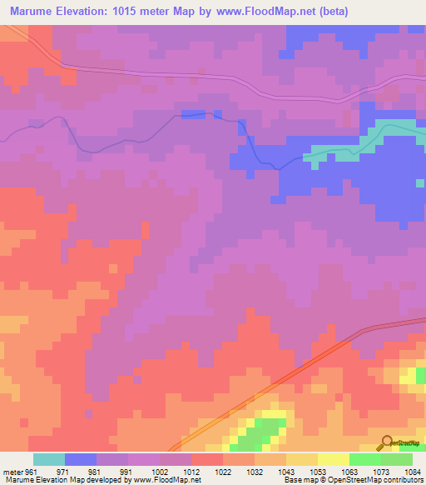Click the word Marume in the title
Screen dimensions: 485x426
coord(34,11)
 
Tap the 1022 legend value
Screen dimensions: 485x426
coord(223,471)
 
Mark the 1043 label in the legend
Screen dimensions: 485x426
coord(286,471)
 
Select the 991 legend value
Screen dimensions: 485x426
coord(127,471)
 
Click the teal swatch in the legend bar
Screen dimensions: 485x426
coord(49,459)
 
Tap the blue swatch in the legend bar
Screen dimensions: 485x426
coord(81,459)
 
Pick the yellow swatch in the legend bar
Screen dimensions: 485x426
coord(334,459)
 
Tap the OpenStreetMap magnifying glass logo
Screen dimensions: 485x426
coord(386,442)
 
